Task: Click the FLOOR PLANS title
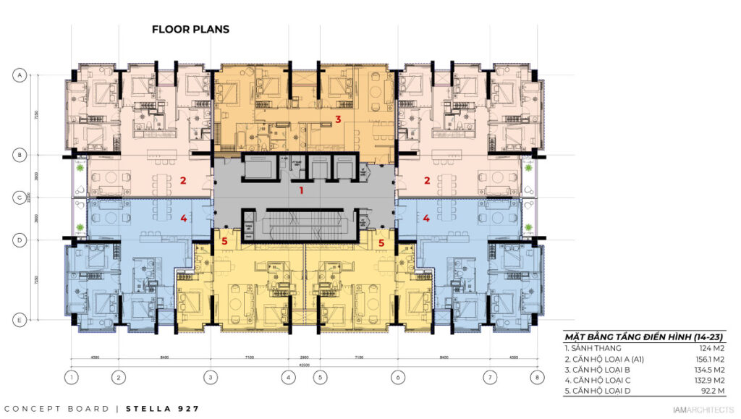190,30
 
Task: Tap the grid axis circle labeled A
21,75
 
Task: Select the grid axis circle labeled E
21,319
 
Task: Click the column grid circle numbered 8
536,377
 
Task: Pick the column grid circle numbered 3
211,377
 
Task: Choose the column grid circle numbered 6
397,377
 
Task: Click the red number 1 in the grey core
302,190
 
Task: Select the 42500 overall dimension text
304,365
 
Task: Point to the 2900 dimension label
305,357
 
